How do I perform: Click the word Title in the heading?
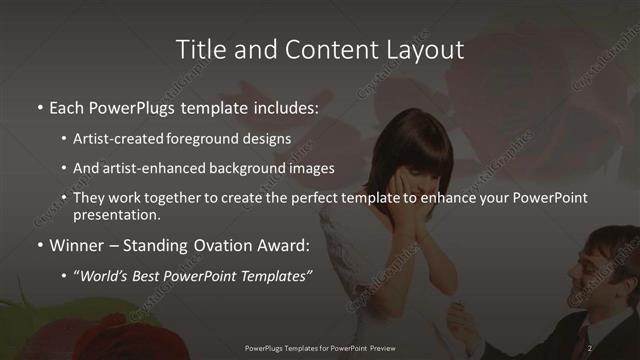198,49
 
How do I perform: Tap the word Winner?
78,244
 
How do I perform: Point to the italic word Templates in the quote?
279,275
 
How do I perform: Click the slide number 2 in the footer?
590,348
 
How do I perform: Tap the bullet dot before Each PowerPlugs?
40,105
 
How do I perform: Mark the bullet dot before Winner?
40,244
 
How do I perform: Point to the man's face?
607,268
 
